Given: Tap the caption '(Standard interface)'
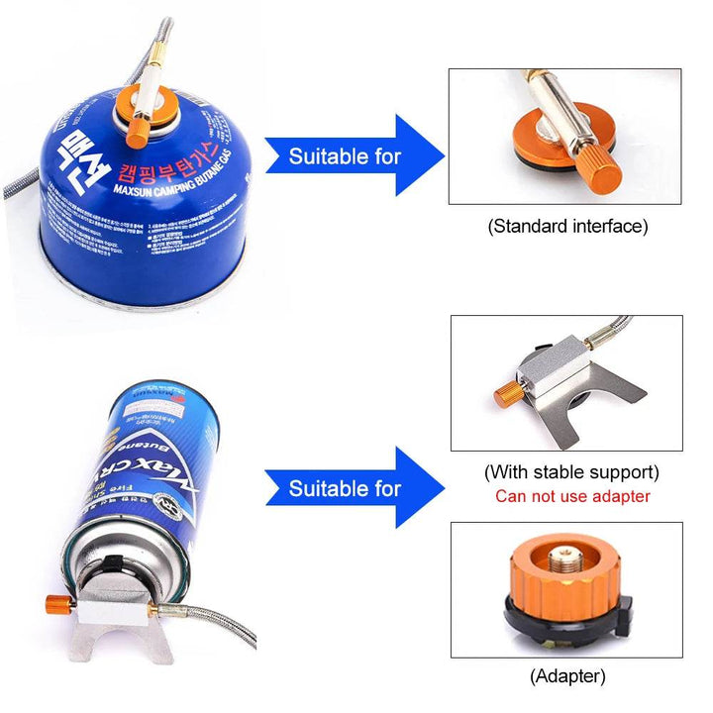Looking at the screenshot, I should click(x=567, y=226).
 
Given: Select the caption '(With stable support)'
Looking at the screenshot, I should click(x=571, y=472).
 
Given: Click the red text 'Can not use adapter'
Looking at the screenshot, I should click(x=572, y=496).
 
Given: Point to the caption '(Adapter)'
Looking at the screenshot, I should click(x=567, y=676).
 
